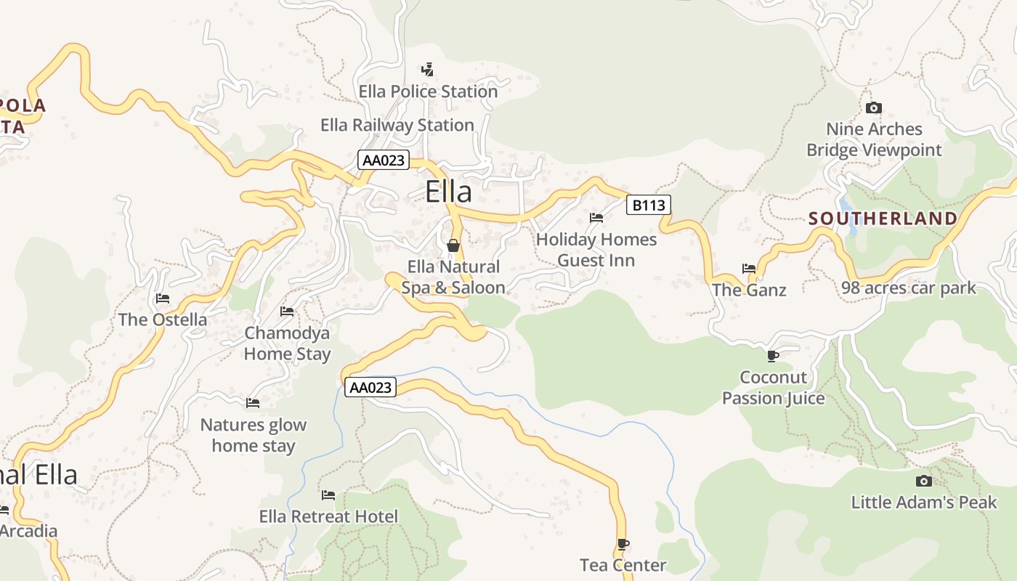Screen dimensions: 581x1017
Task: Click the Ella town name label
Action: (x=448, y=192)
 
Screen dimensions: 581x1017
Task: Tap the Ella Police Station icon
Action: (x=428, y=70)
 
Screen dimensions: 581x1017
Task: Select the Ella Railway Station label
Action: (x=397, y=125)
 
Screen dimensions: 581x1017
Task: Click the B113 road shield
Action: (x=648, y=205)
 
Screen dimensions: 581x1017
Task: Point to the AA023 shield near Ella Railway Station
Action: (x=383, y=160)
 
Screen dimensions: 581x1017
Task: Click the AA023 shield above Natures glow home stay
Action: (x=370, y=387)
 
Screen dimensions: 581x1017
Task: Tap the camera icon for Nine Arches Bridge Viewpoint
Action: (x=874, y=108)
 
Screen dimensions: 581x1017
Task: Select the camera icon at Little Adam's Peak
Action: (x=924, y=481)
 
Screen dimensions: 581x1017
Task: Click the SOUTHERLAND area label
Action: (x=883, y=219)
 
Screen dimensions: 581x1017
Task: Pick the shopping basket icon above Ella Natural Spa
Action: (x=453, y=245)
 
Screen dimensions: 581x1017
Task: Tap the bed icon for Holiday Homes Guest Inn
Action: (x=596, y=218)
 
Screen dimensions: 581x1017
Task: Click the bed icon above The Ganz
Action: (x=749, y=269)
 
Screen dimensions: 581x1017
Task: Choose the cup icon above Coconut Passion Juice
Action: (x=773, y=356)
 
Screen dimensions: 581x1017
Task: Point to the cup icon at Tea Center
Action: (x=623, y=544)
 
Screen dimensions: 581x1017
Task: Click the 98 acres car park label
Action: (x=908, y=288)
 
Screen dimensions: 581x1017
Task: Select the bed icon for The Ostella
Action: (x=163, y=298)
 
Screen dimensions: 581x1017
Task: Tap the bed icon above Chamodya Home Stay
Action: (x=287, y=312)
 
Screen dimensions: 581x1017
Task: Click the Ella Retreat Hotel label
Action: (x=328, y=516)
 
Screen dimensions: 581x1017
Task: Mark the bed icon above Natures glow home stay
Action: (x=253, y=402)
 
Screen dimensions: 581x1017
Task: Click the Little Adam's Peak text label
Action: (x=923, y=502)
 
